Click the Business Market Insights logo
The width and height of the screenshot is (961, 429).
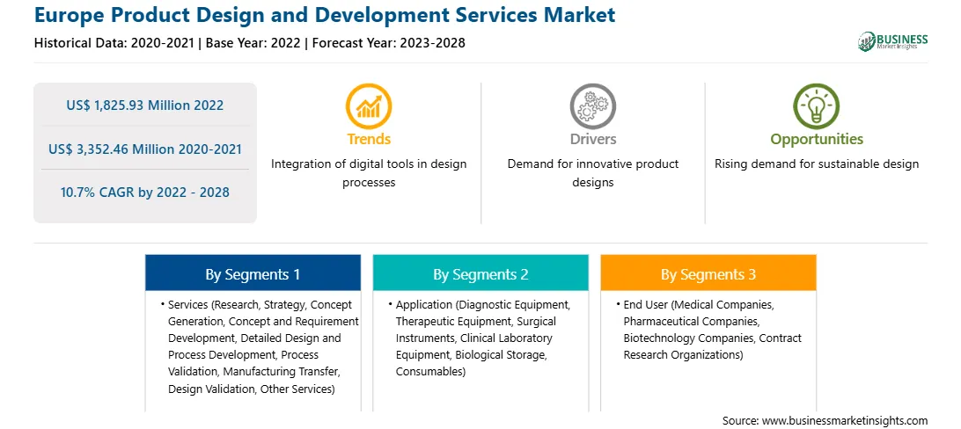[892, 41]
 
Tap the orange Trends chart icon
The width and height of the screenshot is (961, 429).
[369, 106]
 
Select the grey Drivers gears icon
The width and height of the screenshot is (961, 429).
[592, 106]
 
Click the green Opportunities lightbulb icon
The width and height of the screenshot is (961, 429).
[817, 106]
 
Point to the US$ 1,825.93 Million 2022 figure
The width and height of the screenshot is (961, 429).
[144, 105]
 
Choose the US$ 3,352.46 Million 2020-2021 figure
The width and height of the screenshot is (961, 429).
[144, 149]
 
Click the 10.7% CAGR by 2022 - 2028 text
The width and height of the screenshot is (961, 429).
[144, 193]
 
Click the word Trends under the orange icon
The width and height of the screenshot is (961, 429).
[369, 140]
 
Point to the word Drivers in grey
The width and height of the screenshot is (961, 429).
[593, 140]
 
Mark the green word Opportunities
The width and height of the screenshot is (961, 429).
[817, 140]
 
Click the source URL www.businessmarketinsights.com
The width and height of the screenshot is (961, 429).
[845, 420]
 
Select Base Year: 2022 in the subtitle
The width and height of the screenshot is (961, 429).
[253, 43]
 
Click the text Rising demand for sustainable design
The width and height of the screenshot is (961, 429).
[817, 164]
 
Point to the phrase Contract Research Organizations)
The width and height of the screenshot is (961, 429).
[713, 346]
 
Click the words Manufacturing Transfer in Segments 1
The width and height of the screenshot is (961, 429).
[282, 372]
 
